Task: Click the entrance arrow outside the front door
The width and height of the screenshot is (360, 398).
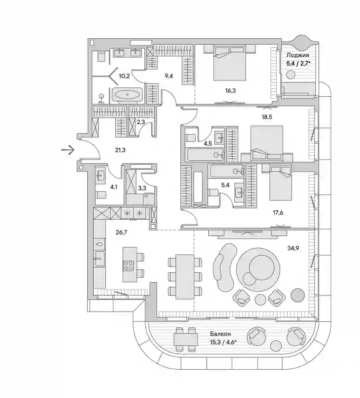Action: [68, 150]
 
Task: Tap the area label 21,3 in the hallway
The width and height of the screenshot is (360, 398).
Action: [120, 150]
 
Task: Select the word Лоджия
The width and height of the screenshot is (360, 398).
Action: [297, 55]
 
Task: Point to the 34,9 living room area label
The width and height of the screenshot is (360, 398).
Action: [293, 248]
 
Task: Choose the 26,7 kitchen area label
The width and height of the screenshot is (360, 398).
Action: [121, 232]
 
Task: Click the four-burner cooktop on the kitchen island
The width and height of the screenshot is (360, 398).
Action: [128, 265]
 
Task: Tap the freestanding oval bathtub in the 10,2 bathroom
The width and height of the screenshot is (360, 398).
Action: [127, 95]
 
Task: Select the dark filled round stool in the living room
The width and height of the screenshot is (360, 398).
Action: [297, 295]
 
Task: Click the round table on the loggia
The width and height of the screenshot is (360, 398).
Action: [291, 75]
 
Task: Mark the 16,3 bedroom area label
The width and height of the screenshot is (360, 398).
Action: [230, 90]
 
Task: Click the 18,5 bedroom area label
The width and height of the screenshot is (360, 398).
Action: [267, 117]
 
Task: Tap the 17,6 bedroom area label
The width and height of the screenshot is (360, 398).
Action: [278, 213]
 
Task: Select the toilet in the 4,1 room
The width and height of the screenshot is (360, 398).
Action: [101, 195]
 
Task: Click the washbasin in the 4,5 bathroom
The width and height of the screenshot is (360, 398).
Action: [220, 137]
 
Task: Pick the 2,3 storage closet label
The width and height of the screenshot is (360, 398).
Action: [141, 122]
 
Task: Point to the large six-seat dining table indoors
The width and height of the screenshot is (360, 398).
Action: [185, 276]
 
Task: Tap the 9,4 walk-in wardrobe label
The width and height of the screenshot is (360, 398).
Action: [169, 76]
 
